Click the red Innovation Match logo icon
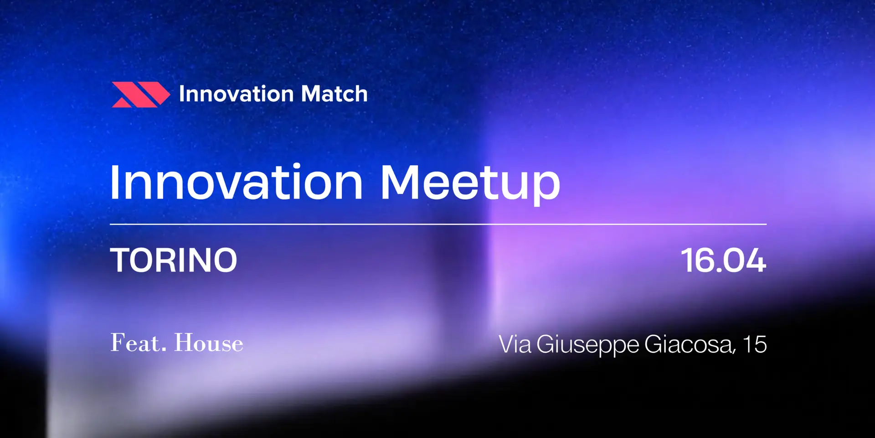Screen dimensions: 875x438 point(141,94)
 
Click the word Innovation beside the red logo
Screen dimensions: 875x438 point(236,94)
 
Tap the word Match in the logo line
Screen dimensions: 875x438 point(334,94)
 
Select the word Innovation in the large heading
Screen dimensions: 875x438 point(237,182)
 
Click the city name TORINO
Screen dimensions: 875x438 point(174,261)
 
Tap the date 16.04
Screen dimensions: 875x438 point(723,261)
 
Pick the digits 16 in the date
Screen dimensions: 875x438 point(697,261)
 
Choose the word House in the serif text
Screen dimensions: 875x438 point(209,343)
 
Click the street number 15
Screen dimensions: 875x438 point(755,344)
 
